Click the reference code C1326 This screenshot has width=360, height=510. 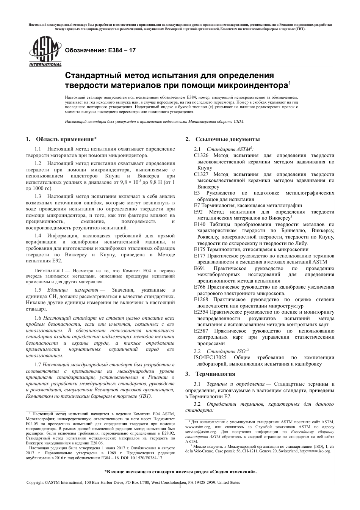pos(201,155)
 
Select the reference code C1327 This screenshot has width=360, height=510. pos(201,174)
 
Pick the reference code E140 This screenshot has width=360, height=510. pos(200,224)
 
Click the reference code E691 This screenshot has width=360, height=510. pos(200,268)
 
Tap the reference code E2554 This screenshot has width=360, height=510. pos(201,312)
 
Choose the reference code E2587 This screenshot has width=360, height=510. pos(201,331)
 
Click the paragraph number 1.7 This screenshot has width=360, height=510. pos(38,365)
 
